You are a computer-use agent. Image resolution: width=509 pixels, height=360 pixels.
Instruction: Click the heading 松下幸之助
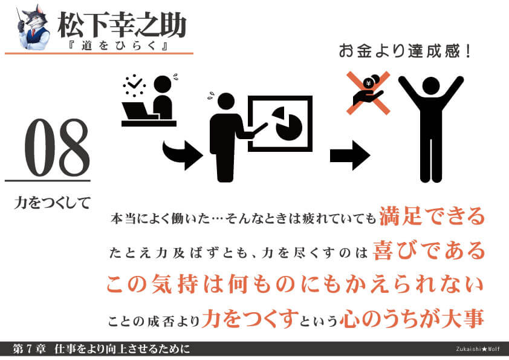122,25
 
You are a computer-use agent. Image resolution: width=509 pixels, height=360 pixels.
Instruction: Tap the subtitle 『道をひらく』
118,45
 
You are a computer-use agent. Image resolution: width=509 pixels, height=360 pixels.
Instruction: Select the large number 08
57,148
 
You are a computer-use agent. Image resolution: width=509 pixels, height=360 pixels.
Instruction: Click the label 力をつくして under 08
52,203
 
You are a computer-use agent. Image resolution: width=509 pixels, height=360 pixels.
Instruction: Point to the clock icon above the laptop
134,85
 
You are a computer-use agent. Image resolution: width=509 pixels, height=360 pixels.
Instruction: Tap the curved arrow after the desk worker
183,154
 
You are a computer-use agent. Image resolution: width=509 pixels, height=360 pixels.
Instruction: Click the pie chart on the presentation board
287,123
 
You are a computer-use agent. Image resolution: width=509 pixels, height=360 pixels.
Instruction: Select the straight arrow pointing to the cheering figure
350,155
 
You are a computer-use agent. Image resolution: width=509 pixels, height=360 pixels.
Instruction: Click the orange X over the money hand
368,93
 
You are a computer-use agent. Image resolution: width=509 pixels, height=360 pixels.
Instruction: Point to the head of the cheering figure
431,86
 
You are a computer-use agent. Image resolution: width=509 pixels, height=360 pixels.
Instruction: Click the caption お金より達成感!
405,51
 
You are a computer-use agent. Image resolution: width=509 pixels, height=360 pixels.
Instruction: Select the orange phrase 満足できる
432,216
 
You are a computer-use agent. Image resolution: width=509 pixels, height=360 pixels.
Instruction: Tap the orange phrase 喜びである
429,250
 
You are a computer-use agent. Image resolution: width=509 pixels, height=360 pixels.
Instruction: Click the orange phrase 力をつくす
250,318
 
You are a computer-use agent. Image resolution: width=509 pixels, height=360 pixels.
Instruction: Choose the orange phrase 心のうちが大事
412,318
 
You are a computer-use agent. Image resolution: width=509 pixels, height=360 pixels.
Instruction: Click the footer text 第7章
29,349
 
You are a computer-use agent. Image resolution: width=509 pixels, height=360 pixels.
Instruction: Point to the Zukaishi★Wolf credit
478,349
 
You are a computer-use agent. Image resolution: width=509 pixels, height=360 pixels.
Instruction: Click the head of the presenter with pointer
226,101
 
